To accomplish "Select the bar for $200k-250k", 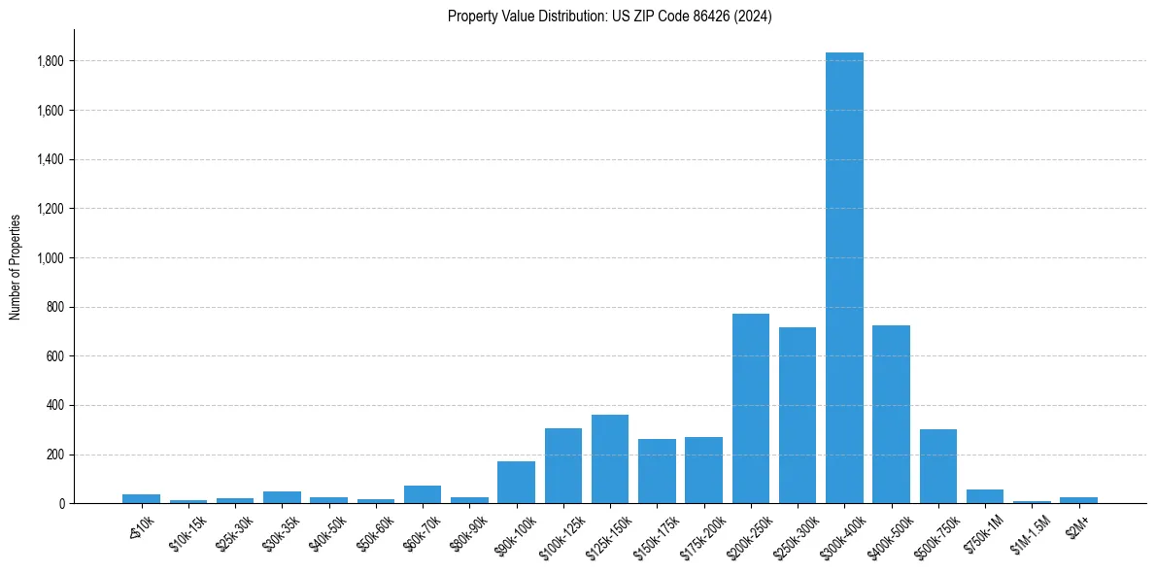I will coord(750,408).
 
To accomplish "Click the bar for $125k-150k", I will coord(610,458).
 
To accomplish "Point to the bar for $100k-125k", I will coord(563,465).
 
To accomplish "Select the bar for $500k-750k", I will coord(937,466).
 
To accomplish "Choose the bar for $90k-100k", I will coord(516,482).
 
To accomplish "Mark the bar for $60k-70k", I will coord(423,494).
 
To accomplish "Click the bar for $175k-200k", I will coord(703,470).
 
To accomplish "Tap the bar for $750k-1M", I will coord(985,496).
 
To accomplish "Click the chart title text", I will coord(610,16).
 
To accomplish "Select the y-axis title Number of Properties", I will coord(16,266).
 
